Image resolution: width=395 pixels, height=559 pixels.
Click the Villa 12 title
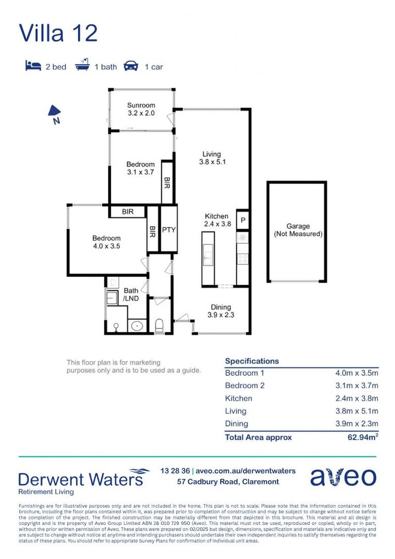pyautogui.click(x=58, y=33)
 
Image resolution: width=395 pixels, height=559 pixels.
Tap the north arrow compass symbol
pyautogui.click(x=54, y=114)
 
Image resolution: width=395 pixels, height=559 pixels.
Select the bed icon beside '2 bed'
pyautogui.click(x=33, y=66)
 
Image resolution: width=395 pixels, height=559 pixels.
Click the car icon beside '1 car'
pyautogui.click(x=131, y=66)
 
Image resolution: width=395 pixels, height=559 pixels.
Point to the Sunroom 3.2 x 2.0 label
pyautogui.click(x=141, y=109)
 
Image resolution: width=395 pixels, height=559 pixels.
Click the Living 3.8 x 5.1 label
pyautogui.click(x=212, y=158)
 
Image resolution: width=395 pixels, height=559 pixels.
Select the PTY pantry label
pyautogui.click(x=169, y=230)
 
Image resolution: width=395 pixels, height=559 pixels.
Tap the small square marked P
pyautogui.click(x=242, y=220)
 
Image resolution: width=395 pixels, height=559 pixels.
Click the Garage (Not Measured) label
pyautogui.click(x=298, y=230)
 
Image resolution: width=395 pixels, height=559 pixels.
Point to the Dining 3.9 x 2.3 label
pyautogui.click(x=221, y=311)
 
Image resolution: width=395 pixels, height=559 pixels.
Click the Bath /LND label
pyautogui.click(x=131, y=295)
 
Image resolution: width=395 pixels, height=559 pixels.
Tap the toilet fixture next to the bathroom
pyautogui.click(x=159, y=325)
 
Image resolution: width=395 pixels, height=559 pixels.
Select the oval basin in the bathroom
pyautogui.click(x=137, y=326)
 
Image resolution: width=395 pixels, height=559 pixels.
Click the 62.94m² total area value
pyautogui.click(x=363, y=437)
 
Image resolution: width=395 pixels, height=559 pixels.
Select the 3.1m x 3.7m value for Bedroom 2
pyautogui.click(x=357, y=386)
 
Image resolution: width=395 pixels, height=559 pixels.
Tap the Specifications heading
pyautogui.click(x=252, y=361)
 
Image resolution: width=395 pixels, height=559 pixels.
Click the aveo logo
pyautogui.click(x=343, y=477)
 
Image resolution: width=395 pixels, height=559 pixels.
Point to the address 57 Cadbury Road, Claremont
pyautogui.click(x=228, y=482)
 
